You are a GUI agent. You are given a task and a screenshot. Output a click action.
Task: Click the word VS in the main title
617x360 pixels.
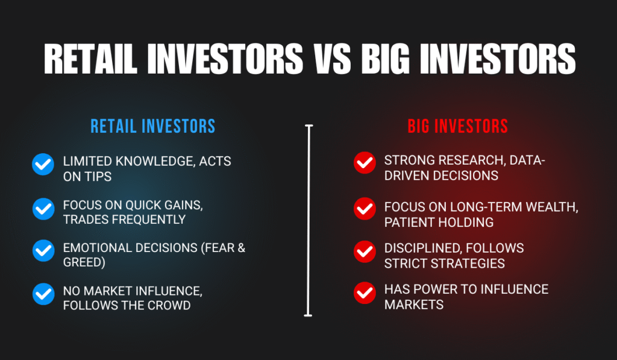pyautogui.click(x=332, y=58)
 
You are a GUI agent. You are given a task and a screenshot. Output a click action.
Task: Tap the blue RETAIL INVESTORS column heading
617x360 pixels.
pyautogui.click(x=152, y=126)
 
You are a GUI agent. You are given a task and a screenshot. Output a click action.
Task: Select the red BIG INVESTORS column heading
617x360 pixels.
pyautogui.click(x=457, y=126)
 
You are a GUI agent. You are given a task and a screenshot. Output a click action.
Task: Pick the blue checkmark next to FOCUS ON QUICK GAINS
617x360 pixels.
pyautogui.click(x=43, y=209)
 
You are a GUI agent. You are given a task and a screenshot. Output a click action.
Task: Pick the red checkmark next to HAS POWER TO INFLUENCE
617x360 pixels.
pyautogui.click(x=364, y=294)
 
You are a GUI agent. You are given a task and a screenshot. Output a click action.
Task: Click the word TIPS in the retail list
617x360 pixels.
pyautogui.click(x=99, y=176)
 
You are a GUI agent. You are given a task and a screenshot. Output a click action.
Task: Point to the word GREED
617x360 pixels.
pyautogui.click(x=83, y=262)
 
